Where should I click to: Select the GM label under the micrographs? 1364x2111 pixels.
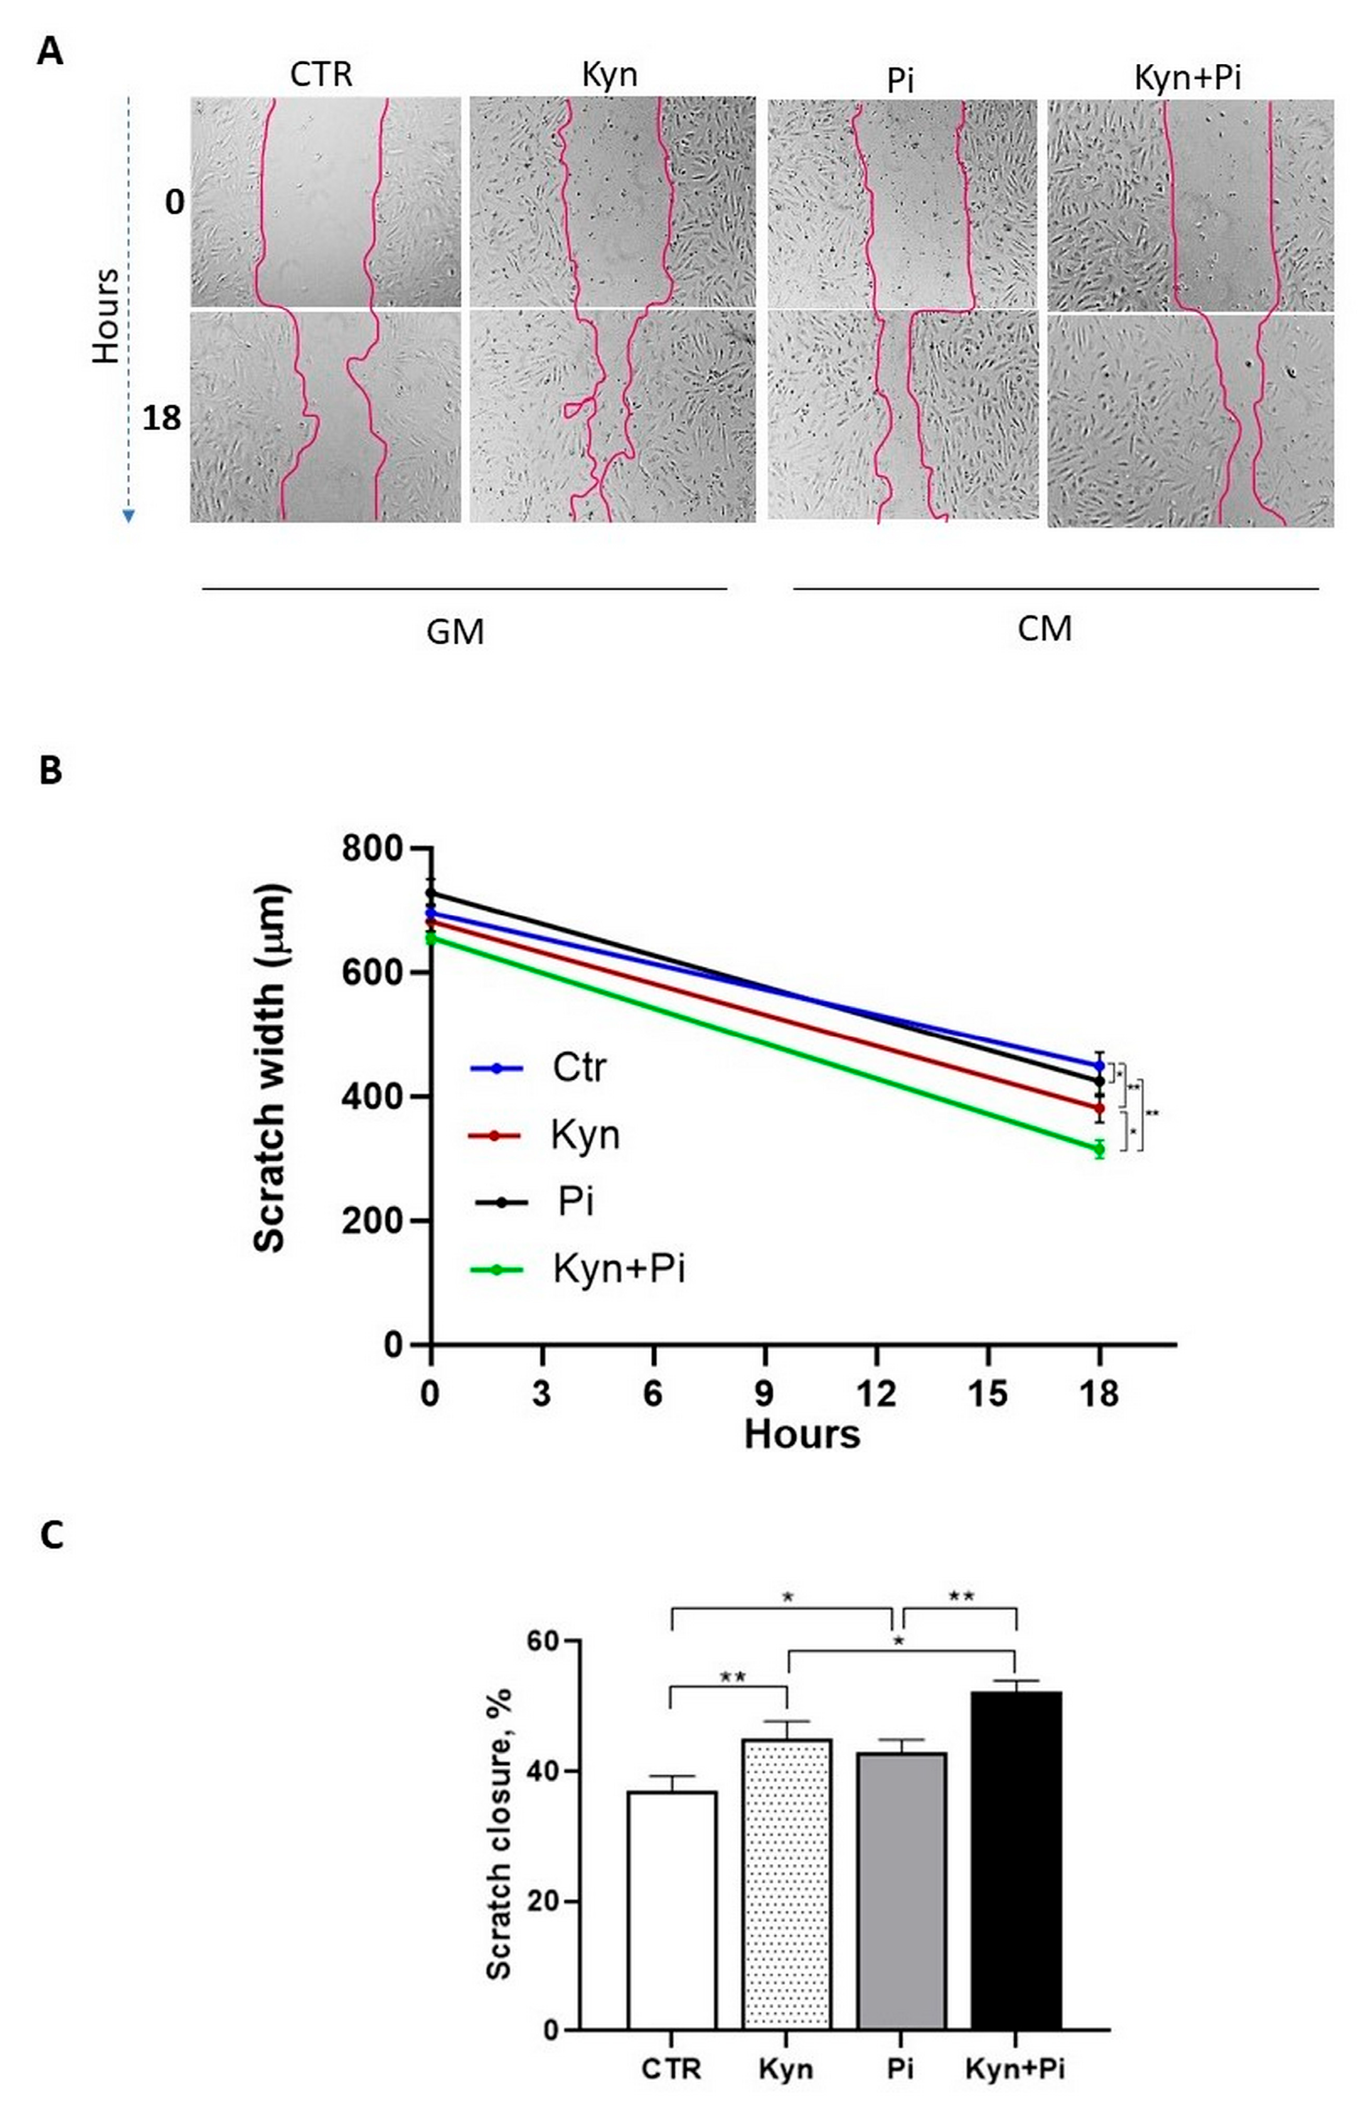(455, 632)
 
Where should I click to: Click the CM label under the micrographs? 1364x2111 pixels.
(1044, 628)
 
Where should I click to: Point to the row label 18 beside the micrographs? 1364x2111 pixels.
(161, 418)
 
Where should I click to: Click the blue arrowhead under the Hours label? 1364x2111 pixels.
(129, 516)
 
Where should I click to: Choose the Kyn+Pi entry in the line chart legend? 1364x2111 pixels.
(618, 1269)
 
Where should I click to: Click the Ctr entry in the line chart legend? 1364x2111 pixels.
(578, 1068)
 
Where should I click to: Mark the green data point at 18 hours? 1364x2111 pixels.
(1099, 1149)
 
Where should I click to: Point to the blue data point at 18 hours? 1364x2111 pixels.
(1099, 1065)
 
